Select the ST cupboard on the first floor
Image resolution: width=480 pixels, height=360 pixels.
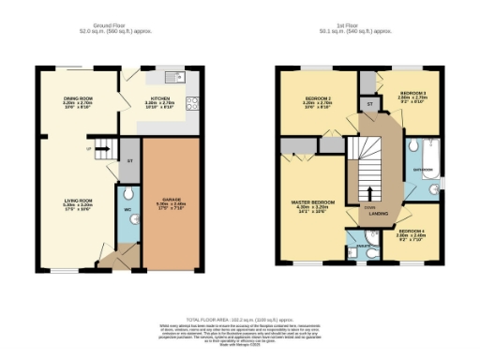[x=370, y=103]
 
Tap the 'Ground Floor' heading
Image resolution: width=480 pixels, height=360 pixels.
[x=112, y=25]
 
